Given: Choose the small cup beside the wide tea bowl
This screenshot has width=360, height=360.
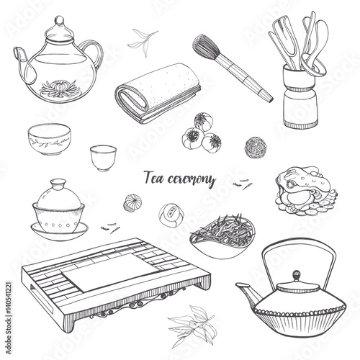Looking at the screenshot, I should point(105,155).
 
